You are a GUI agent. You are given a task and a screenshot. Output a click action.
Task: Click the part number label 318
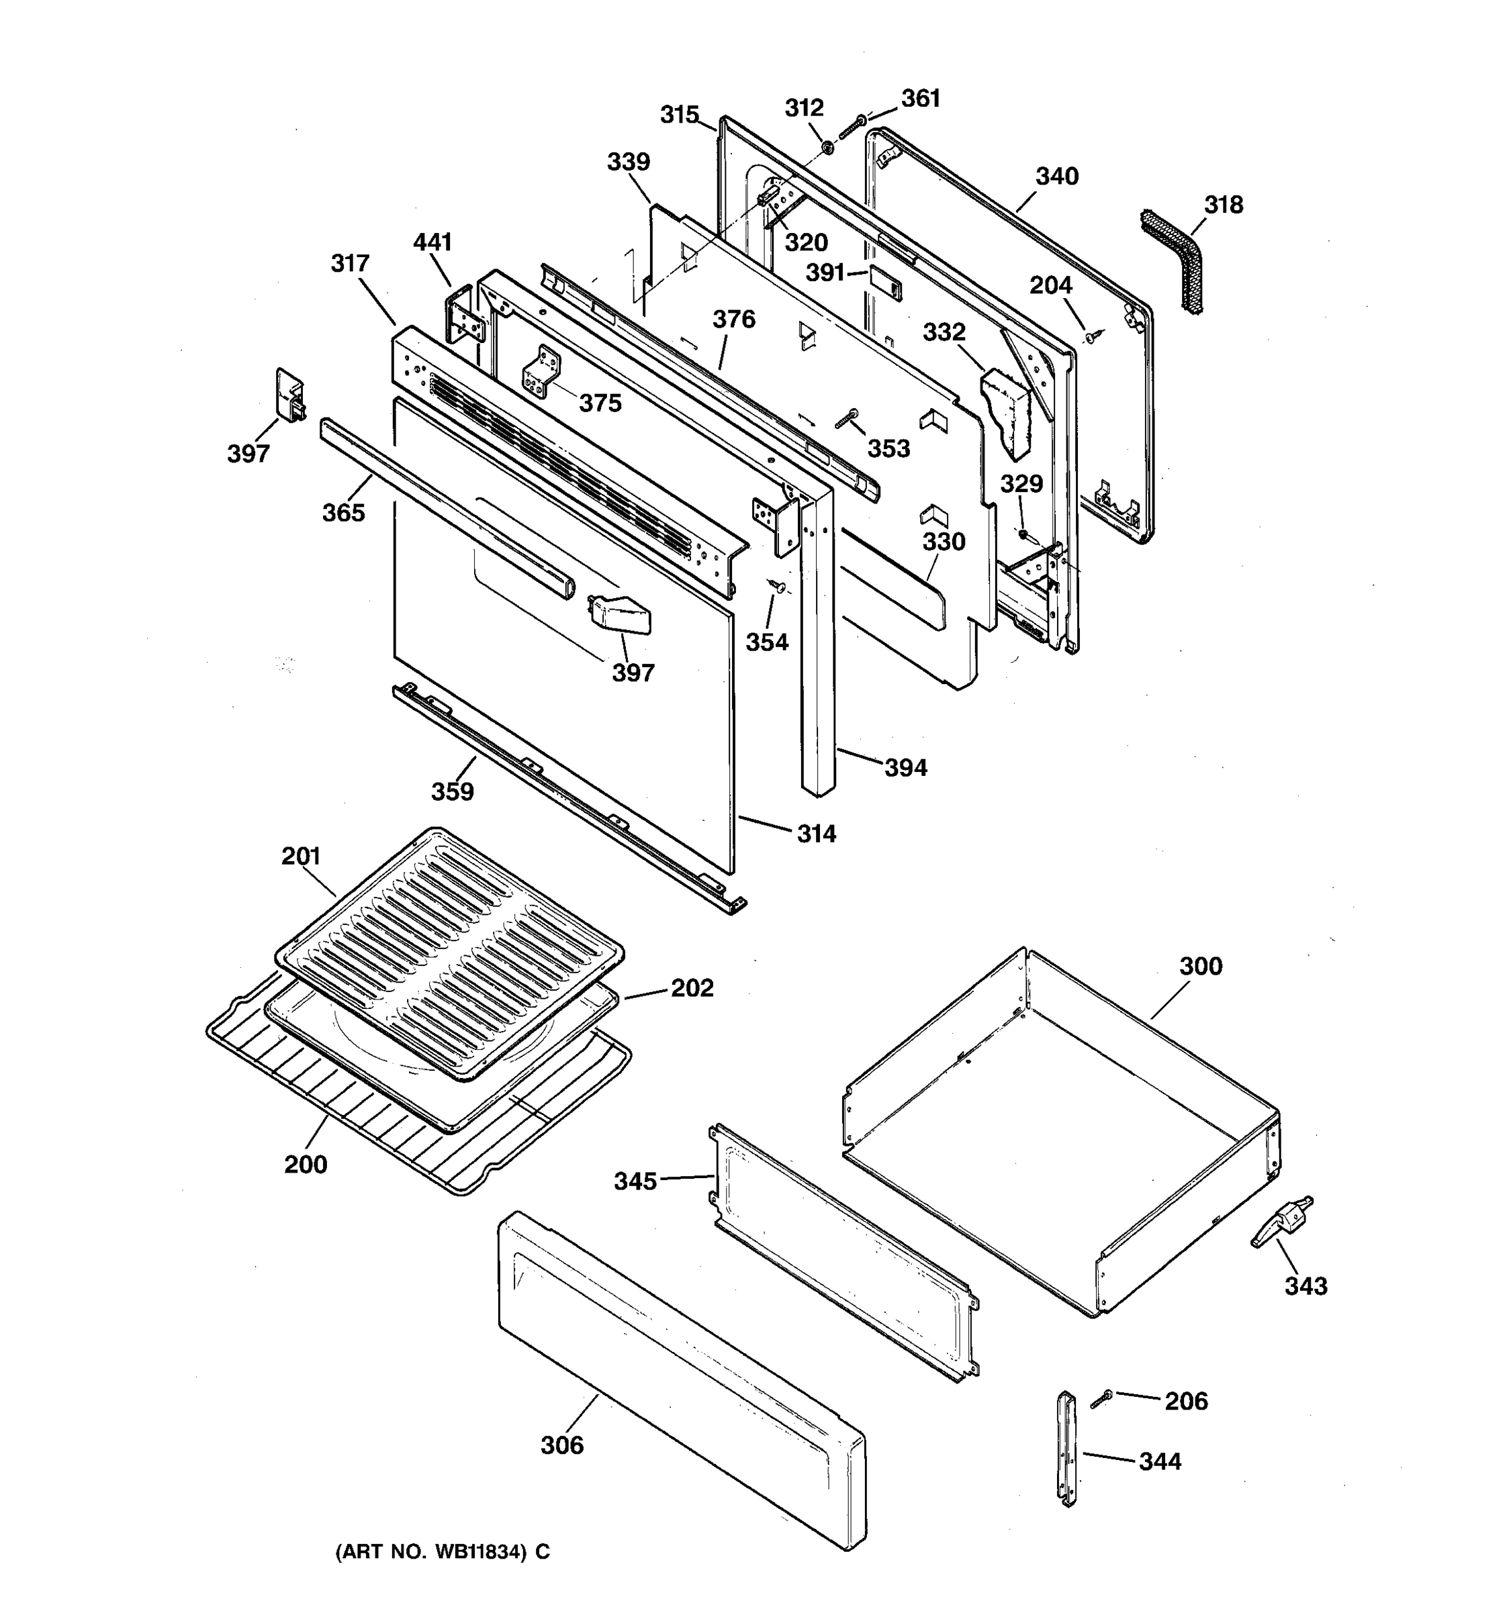click(1222, 205)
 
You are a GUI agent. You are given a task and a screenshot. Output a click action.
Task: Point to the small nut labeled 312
click(827, 148)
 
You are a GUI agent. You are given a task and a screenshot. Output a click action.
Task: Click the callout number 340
click(1057, 177)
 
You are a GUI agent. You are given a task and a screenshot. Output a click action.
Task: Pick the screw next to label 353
click(845, 419)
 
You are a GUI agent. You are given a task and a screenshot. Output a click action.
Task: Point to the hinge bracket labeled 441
click(465, 316)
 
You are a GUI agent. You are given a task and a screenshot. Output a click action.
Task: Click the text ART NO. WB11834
click(442, 1552)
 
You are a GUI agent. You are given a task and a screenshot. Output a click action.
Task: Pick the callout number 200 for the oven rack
click(306, 1165)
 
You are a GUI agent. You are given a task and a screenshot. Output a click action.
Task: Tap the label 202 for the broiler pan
click(692, 988)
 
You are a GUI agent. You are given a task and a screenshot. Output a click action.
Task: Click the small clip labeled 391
click(884, 281)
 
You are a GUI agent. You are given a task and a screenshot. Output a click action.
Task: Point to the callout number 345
click(635, 1181)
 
